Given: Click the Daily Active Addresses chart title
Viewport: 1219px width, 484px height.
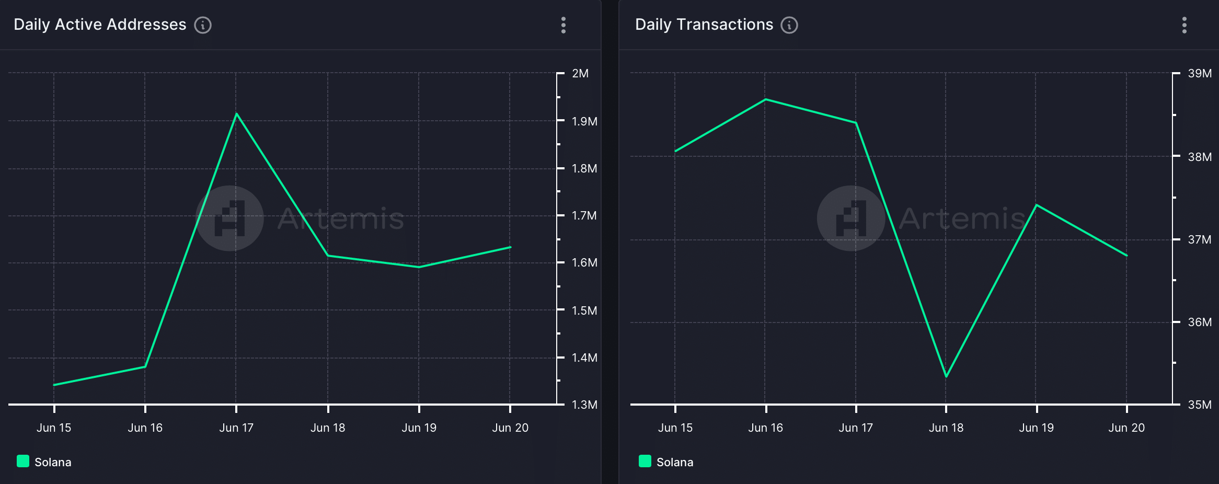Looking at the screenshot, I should coord(100,25).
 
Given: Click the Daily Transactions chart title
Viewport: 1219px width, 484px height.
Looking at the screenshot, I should coord(704,25).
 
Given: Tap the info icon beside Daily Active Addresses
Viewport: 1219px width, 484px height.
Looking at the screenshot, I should coord(203,25).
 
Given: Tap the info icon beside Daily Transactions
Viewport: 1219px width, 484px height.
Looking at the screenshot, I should coord(789,25).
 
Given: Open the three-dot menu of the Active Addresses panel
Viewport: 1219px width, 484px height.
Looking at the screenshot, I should coord(563,25).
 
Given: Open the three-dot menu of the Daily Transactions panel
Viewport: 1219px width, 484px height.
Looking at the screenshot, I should coord(1184,25).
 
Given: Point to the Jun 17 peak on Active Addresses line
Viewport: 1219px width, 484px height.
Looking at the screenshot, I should coord(237,114).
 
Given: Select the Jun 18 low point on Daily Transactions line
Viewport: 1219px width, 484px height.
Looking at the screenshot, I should coord(946,376).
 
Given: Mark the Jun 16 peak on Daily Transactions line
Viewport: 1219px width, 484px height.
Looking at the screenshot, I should coord(766,99).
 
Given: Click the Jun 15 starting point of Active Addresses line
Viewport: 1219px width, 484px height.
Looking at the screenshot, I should coord(54,385).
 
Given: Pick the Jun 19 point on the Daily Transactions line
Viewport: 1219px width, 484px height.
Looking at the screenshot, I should coord(1037,205).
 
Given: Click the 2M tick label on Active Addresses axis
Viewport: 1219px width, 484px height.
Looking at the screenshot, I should coord(580,74).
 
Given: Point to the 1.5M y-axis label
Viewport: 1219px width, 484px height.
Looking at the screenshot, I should coord(584,310).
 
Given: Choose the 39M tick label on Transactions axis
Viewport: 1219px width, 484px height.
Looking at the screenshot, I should coord(1199,74).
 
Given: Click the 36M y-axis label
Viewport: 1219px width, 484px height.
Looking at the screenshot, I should coord(1199,322).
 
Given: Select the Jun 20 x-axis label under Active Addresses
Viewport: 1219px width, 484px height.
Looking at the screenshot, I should coord(510,428).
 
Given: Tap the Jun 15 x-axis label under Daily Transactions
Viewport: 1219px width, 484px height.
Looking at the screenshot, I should coord(675,428).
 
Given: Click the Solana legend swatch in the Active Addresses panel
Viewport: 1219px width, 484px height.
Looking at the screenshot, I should coord(23,461).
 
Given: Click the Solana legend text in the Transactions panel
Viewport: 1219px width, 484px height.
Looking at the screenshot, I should coord(674,462).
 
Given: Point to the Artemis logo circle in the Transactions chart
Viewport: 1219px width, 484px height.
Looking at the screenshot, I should coord(850,218).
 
